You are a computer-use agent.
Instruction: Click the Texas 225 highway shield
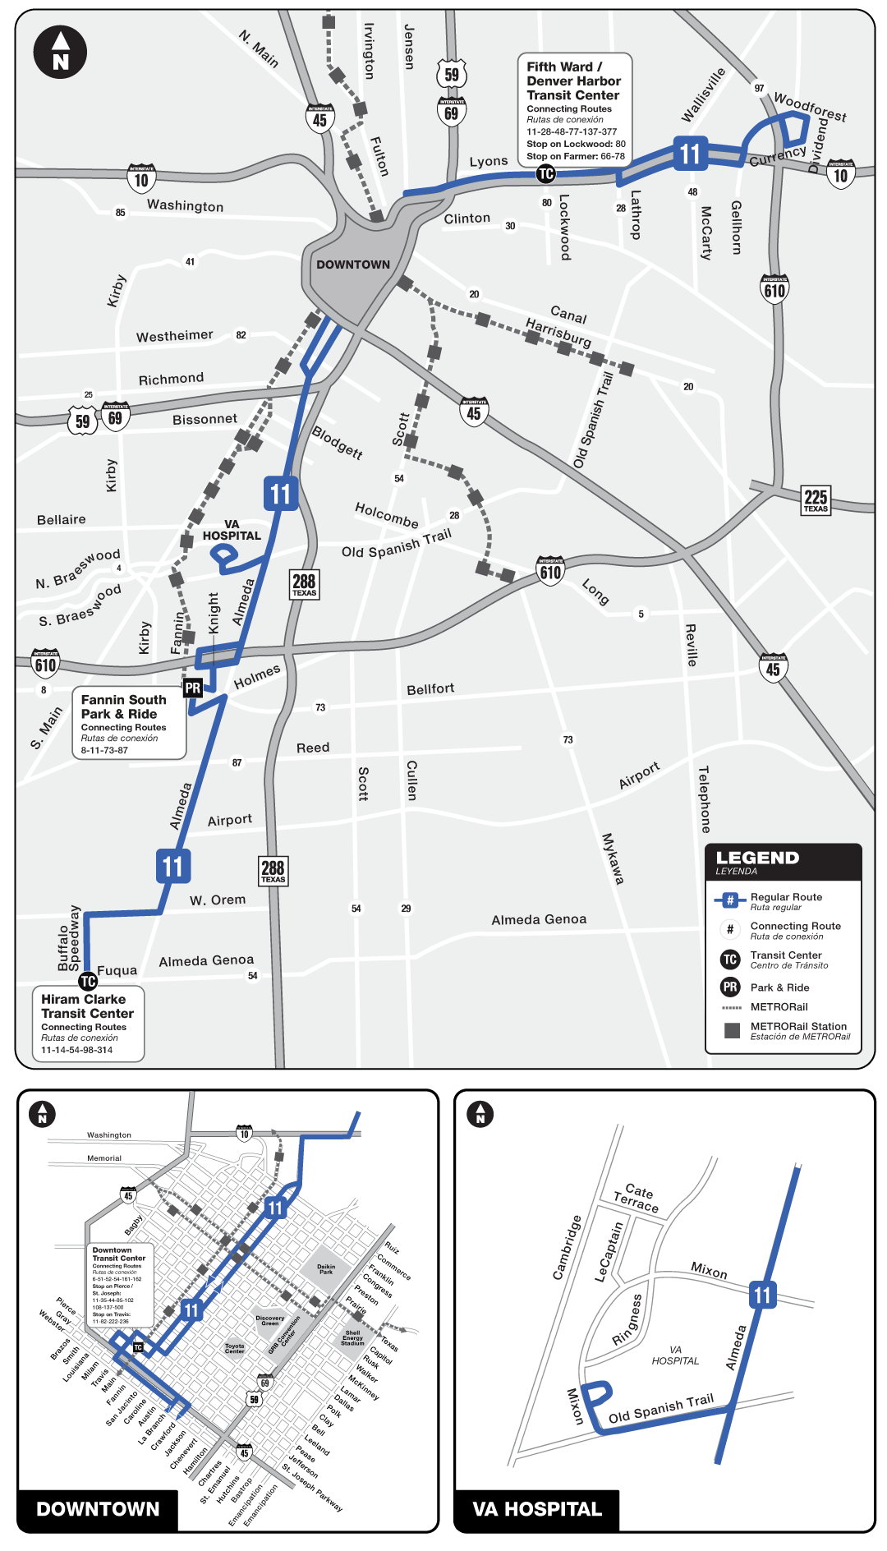pyautogui.click(x=816, y=499)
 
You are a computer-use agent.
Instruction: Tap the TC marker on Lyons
pyautogui.click(x=546, y=173)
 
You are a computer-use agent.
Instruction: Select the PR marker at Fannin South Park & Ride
pyautogui.click(x=193, y=688)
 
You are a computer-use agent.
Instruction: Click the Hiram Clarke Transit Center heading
pyautogui.click(x=87, y=1006)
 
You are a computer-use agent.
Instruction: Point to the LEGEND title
pyautogui.click(x=757, y=858)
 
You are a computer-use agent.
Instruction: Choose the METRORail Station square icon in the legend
pyautogui.click(x=733, y=1030)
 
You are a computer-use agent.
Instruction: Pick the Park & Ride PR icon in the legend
pyautogui.click(x=730, y=987)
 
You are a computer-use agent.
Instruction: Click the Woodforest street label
pyautogui.click(x=810, y=107)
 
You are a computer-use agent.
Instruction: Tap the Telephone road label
pyautogui.click(x=704, y=799)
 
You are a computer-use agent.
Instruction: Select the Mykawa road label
pyautogui.click(x=613, y=858)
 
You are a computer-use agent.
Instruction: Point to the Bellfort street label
pyautogui.click(x=430, y=689)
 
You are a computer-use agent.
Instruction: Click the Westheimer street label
pyautogui.click(x=174, y=336)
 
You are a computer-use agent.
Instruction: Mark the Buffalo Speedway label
pyautogui.click(x=69, y=938)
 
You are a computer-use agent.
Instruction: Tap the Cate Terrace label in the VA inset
pyautogui.click(x=637, y=1198)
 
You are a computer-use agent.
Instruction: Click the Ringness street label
pyautogui.click(x=628, y=1320)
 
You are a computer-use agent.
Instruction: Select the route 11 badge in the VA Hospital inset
pyautogui.click(x=762, y=1296)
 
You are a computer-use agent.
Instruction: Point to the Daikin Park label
pyautogui.click(x=326, y=1269)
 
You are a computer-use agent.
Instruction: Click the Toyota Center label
pyautogui.click(x=235, y=1348)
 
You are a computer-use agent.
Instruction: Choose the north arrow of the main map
pyautogui.click(x=60, y=52)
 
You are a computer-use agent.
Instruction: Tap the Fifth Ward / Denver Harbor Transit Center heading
pyautogui.click(x=573, y=81)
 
